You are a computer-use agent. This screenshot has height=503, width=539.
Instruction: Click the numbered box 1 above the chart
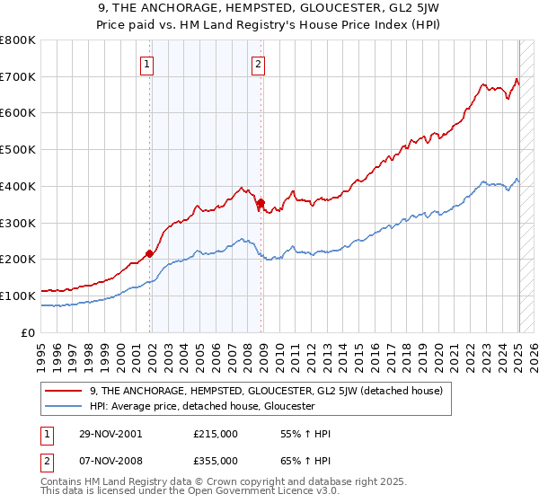pos(146,64)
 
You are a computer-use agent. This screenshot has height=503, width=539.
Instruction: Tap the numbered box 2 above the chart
pos(258,64)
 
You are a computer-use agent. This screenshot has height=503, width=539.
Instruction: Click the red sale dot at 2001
pos(150,253)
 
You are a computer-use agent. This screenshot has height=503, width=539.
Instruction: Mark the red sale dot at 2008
pos(261,203)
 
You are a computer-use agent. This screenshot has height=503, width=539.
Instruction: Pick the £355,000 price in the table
pos(215,460)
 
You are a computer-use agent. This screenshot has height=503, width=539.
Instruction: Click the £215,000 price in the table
pos(215,434)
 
